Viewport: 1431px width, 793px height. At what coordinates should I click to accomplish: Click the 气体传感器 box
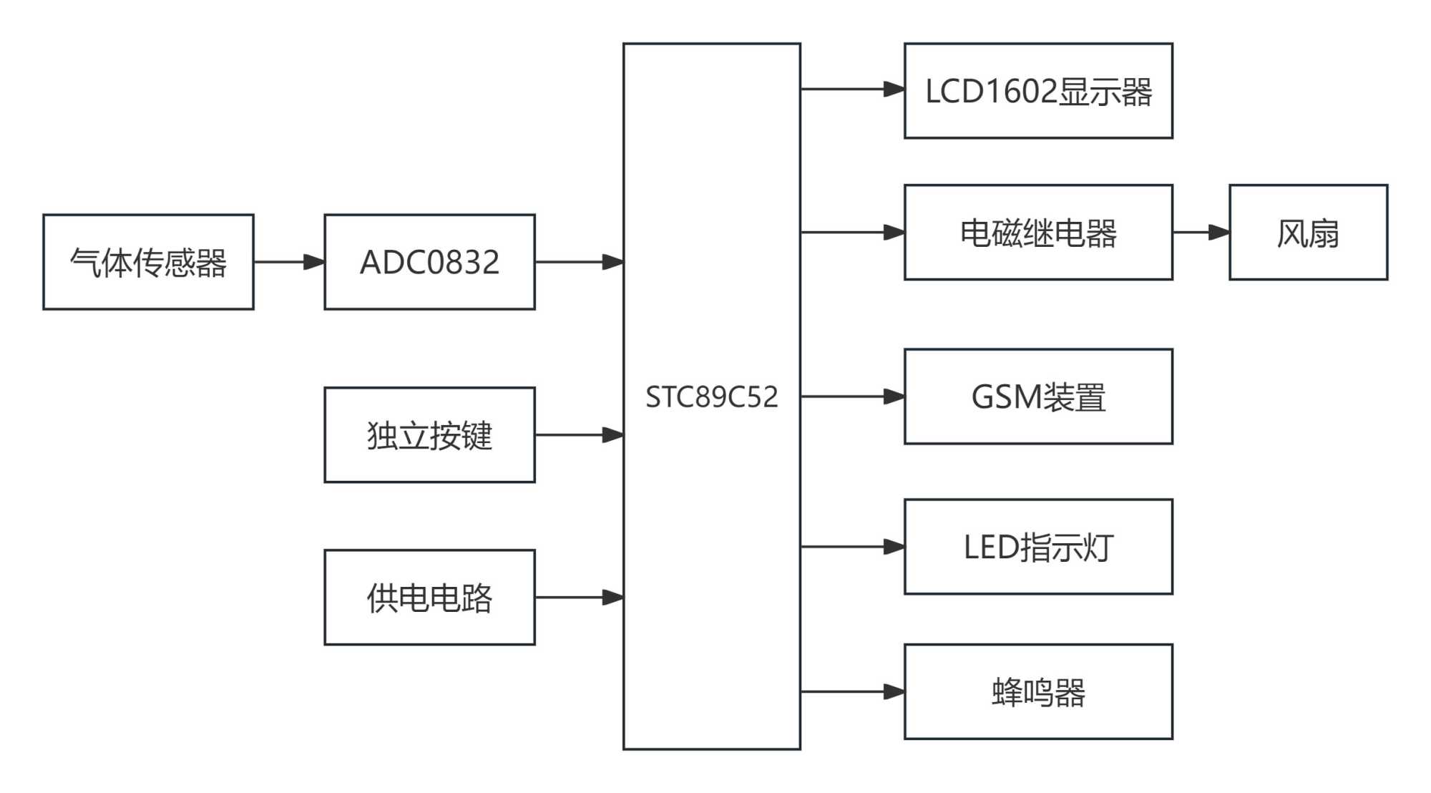[x=148, y=262]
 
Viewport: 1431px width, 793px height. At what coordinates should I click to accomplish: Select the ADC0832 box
[x=429, y=262]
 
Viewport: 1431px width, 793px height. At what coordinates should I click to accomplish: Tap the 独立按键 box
[x=429, y=435]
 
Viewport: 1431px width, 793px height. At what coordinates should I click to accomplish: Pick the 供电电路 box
[x=429, y=598]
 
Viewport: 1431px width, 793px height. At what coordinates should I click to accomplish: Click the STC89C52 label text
[x=711, y=397]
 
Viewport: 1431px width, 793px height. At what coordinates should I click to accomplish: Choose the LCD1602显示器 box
[x=1038, y=91]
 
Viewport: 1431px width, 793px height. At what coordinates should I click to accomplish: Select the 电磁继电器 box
[x=1038, y=233]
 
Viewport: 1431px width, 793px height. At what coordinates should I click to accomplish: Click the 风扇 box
[x=1308, y=233]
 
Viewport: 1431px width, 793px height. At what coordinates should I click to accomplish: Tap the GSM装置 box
[x=1038, y=396]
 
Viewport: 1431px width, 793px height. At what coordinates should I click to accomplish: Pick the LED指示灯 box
[x=1038, y=547]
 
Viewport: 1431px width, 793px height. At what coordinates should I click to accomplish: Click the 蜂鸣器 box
[x=1038, y=692]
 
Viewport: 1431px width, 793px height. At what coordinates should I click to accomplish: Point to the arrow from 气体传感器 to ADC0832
[x=289, y=262]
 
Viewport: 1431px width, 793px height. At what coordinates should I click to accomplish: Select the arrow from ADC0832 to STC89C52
[x=579, y=262]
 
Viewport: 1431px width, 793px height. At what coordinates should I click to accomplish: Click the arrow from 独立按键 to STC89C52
[x=579, y=435]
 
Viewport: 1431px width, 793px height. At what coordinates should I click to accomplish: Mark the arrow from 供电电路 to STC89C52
[x=579, y=598]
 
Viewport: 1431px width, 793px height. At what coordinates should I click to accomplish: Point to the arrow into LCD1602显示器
[x=852, y=89]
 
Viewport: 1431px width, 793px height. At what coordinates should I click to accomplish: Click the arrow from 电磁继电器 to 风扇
[x=1201, y=233]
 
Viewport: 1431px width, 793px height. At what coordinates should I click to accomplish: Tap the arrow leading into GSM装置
[x=852, y=396]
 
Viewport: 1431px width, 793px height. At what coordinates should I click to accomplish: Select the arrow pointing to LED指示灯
[x=852, y=547]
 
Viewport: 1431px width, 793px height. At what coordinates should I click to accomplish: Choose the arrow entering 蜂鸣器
[x=852, y=692]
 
